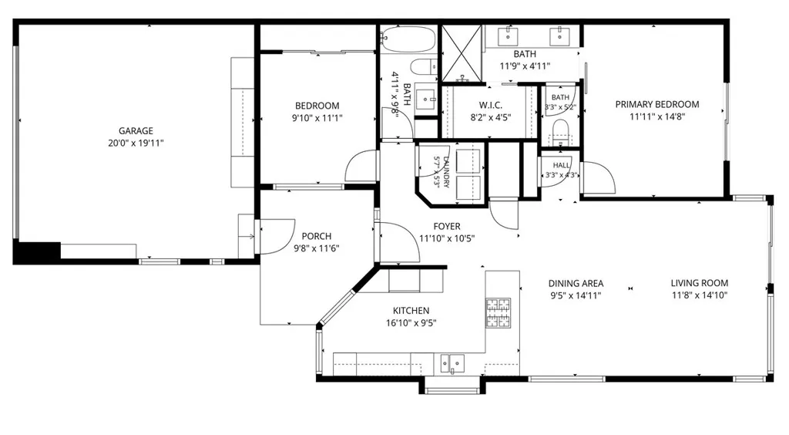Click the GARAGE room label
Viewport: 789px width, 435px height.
coord(136,131)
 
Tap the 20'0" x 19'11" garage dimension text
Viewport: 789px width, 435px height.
coord(136,143)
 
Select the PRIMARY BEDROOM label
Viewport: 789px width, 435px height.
coord(657,104)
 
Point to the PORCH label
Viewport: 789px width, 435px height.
coord(317,236)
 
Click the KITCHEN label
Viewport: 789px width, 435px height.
coord(411,311)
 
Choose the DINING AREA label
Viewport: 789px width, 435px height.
coord(576,284)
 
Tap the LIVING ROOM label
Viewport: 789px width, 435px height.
coord(700,283)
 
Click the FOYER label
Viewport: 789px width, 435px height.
coord(447,227)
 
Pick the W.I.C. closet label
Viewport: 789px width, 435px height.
coord(491,105)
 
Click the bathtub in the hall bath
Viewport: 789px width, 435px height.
coord(408,39)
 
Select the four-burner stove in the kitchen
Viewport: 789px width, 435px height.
coord(499,312)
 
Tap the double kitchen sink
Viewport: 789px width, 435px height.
coord(452,363)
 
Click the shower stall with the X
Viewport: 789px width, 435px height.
coord(462,53)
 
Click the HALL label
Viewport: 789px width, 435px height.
coord(562,165)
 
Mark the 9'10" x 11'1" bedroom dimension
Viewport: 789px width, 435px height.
coord(317,118)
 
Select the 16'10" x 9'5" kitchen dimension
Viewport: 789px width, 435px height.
coord(411,323)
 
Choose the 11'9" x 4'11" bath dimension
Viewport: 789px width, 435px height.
coord(525,66)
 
